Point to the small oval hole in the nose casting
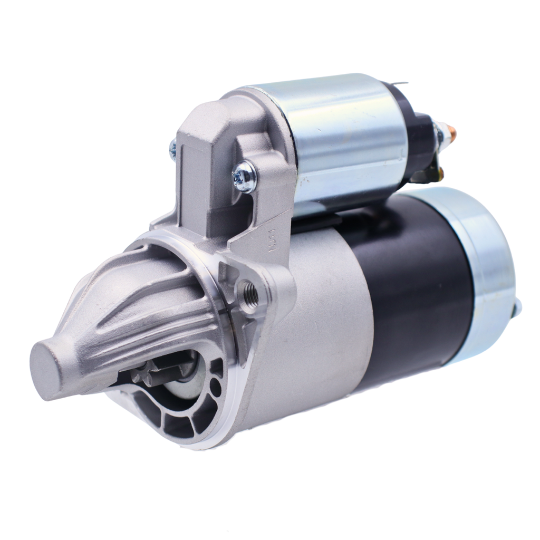click(x=215, y=388)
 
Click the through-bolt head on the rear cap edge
click(x=518, y=306)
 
